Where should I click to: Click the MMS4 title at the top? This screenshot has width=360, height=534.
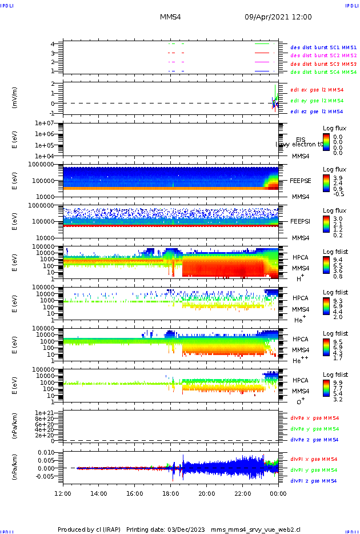[170, 17]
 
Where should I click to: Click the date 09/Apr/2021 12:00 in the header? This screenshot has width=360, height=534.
[278, 17]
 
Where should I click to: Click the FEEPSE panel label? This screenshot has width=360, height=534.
[301, 180]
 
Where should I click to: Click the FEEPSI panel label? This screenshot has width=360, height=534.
[301, 221]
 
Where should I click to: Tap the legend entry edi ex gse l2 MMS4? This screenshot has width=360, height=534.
[317, 90]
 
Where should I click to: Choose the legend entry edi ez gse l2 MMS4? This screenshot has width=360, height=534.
[317, 111]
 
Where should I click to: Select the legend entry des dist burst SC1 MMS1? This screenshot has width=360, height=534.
[323, 47]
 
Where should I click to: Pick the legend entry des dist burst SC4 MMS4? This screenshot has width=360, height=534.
[323, 73]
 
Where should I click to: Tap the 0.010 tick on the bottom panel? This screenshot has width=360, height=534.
[46, 452]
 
